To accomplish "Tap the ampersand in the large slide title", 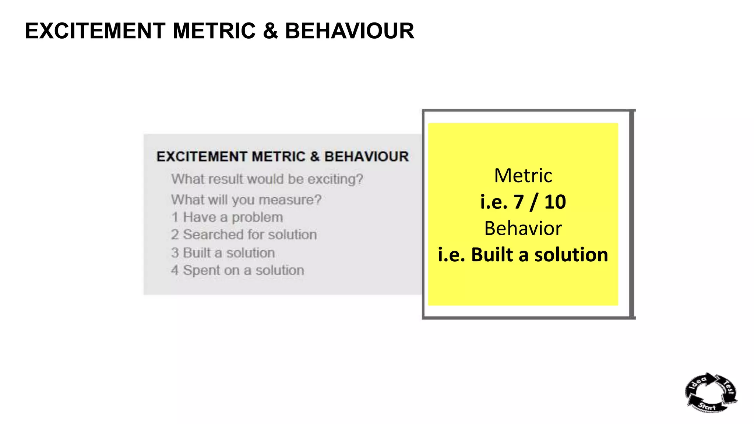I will click(270, 31).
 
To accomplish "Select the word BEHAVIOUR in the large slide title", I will click(349, 31).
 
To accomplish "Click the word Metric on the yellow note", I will click(523, 176).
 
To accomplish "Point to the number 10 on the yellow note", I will click(555, 202).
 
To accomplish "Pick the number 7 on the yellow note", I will click(519, 202).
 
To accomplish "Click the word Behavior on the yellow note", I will click(523, 229).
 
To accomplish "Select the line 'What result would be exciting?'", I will click(267, 179).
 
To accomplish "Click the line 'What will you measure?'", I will click(246, 200).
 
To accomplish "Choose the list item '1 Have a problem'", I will click(227, 218).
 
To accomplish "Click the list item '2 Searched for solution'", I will click(244, 235).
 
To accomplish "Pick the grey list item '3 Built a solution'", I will click(223, 253).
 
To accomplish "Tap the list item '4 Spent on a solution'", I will click(237, 271).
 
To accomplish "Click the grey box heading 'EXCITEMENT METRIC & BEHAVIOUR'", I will click(282, 157).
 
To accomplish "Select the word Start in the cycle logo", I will click(707, 406).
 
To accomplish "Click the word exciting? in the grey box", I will click(335, 179).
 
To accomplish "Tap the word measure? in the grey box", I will click(290, 200).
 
